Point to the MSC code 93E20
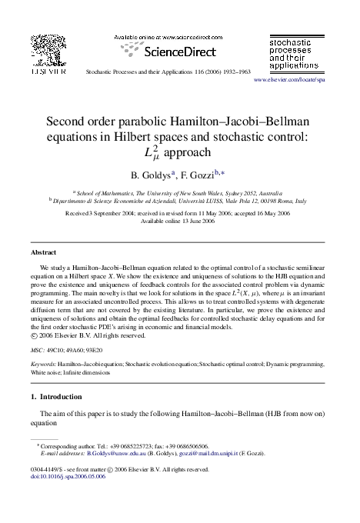point(103,348)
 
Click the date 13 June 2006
point(195,220)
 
